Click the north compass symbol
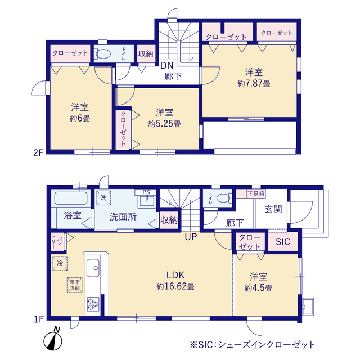[x=53, y=339]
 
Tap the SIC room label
[x=283, y=241]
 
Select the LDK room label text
[x=175, y=275]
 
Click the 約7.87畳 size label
[x=254, y=84]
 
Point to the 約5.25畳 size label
[x=164, y=124]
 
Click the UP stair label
[x=191, y=237]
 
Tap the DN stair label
[x=167, y=66]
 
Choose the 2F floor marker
[x=38, y=153]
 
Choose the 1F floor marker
[x=39, y=319]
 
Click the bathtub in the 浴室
[x=71, y=198]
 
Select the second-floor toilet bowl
[x=103, y=54]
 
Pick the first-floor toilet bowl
[x=223, y=198]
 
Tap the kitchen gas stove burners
[x=93, y=304]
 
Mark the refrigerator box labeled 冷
[x=60, y=264]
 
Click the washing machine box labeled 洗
[x=103, y=197]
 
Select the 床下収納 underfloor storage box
[x=75, y=285]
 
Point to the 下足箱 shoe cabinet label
[x=256, y=193]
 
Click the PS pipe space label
[x=146, y=192]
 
